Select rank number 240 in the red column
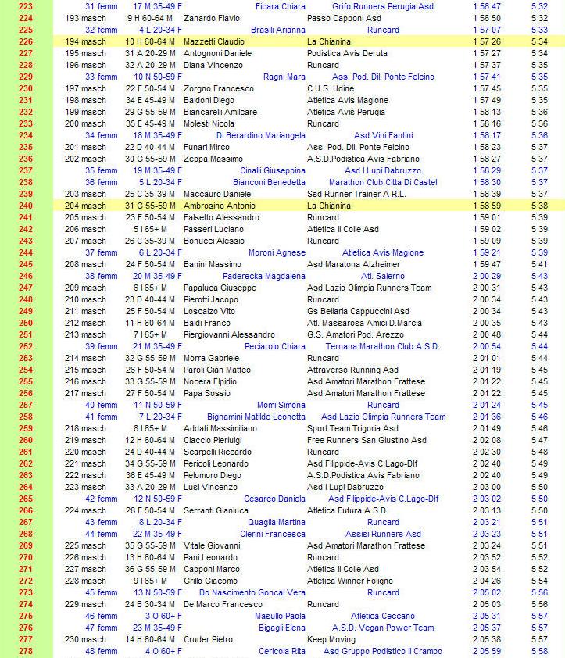[x=25, y=206]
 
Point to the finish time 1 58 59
[x=487, y=206]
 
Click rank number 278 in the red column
[x=25, y=651]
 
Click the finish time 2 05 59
[x=487, y=651]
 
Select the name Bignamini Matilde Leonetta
[x=256, y=417]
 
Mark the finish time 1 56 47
[x=487, y=6]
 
